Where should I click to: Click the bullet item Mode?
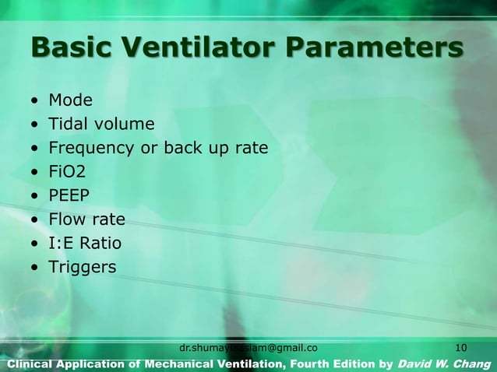(70, 100)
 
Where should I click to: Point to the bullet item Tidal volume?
(101, 125)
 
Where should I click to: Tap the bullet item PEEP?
(69, 196)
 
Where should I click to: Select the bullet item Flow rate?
(86, 220)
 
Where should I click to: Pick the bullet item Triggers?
(82, 268)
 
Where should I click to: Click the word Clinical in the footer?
(27, 363)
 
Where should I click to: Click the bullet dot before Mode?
(34, 101)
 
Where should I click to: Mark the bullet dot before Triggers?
(34, 268)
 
